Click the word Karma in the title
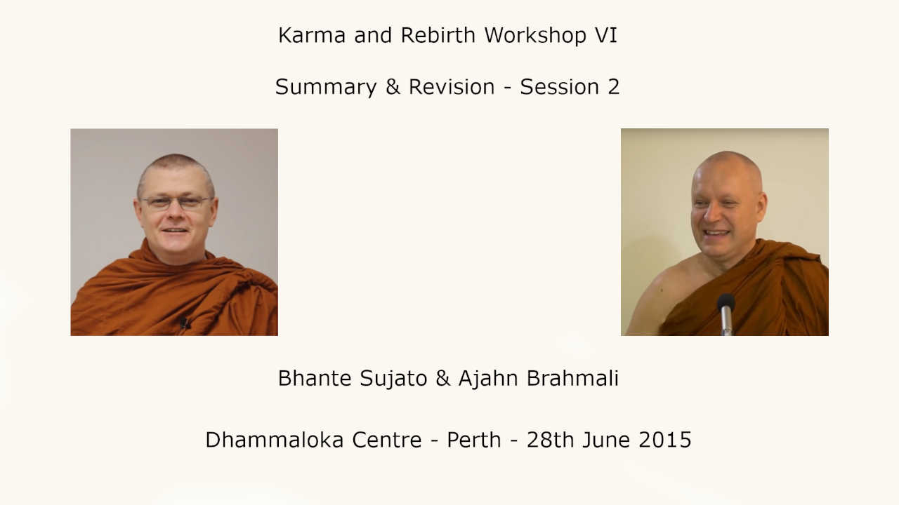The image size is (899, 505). click(x=312, y=35)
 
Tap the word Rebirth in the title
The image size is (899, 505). click(x=438, y=35)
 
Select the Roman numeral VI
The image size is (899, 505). click(x=606, y=35)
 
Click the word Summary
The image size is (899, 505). click(x=326, y=88)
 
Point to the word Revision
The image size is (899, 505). click(x=452, y=87)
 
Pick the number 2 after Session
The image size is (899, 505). click(x=614, y=87)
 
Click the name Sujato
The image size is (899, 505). click(x=393, y=378)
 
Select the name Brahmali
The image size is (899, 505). click(x=572, y=378)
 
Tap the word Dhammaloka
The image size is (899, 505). click(x=275, y=440)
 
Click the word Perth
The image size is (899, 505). click(x=474, y=440)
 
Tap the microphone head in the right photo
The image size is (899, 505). click(x=726, y=302)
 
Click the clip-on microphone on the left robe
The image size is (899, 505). click(x=184, y=323)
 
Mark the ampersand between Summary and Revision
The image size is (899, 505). click(x=393, y=87)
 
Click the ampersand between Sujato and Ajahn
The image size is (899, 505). click(x=442, y=378)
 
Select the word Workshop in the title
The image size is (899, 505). click(x=535, y=35)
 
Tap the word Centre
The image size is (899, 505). click(x=387, y=440)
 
